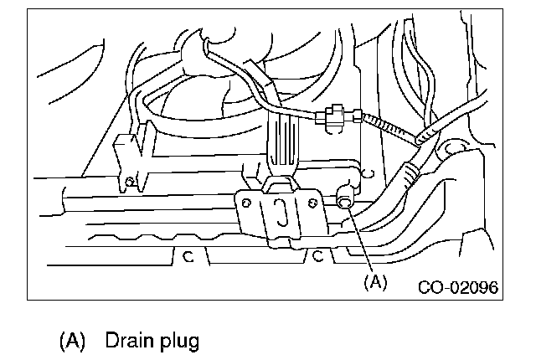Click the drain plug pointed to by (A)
tap(344, 201)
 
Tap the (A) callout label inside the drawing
tap(375, 282)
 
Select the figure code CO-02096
tap(458, 286)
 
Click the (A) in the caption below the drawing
tap(73, 341)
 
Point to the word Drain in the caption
tap(127, 341)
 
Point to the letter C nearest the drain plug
tap(362, 175)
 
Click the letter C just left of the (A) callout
tap(318, 257)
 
